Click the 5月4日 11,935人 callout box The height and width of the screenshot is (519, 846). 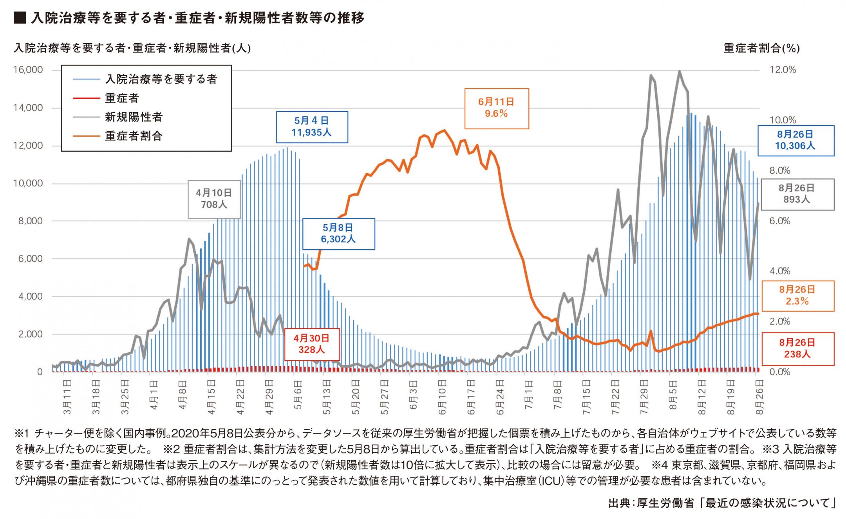(312, 127)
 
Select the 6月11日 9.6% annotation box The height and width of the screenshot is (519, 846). (496, 108)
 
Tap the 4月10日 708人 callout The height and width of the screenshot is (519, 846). (214, 199)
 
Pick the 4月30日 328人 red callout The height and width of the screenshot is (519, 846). (312, 344)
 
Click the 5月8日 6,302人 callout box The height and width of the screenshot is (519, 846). (338, 234)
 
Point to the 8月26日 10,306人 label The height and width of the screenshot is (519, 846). (795, 140)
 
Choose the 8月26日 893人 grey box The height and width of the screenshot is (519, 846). (797, 194)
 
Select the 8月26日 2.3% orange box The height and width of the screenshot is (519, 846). (797, 296)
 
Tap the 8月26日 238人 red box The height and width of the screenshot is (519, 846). (797, 348)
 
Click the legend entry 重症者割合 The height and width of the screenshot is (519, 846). (134, 136)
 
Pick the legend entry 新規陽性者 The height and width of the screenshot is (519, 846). (134, 117)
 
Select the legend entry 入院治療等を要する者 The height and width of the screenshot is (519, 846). (161, 79)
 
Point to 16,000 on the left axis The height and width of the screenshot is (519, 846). (28, 70)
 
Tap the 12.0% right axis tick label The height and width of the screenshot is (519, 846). (783, 70)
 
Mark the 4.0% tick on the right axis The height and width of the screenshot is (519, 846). (780, 271)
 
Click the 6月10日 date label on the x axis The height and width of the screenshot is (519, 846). (442, 397)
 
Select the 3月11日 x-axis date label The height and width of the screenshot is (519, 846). (67, 397)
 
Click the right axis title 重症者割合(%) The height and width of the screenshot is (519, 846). (761, 48)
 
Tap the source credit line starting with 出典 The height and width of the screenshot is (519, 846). (721, 503)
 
